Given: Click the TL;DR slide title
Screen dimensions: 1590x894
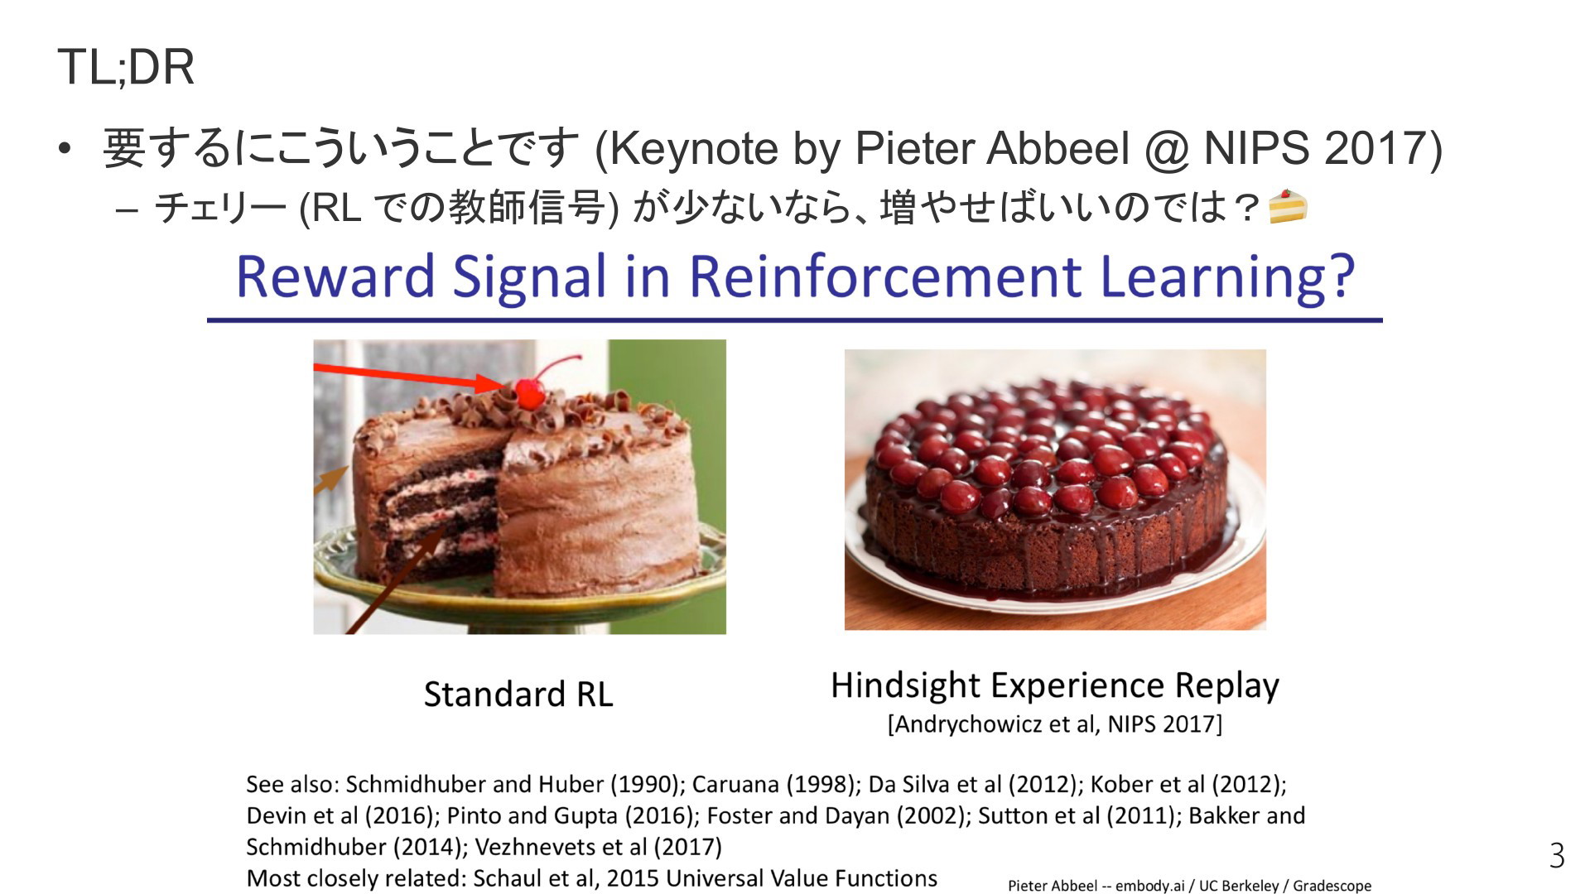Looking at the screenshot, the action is point(126,67).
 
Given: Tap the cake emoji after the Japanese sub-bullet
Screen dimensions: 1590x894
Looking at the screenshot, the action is point(1288,207).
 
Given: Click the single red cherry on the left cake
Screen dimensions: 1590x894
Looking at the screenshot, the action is point(530,391).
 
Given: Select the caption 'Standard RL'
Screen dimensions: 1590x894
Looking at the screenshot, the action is point(518,694).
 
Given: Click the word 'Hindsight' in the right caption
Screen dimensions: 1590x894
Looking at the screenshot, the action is point(906,686).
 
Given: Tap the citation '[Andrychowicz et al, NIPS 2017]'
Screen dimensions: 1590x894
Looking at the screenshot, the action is point(1054,724).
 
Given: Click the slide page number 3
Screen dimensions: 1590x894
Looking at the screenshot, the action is point(1557,855).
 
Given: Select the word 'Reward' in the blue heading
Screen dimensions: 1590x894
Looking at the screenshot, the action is point(335,276).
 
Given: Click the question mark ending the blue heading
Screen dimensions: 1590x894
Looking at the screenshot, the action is point(1338,276).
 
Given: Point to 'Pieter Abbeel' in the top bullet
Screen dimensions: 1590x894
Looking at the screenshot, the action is point(992,149).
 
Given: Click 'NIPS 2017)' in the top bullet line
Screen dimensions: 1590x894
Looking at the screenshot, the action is point(1323,149).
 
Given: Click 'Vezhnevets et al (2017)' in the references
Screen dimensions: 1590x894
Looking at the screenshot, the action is point(598,848).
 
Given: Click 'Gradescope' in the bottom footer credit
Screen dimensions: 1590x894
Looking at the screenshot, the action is point(1332,886).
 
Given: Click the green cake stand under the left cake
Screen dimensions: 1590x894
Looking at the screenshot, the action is point(519,584).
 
